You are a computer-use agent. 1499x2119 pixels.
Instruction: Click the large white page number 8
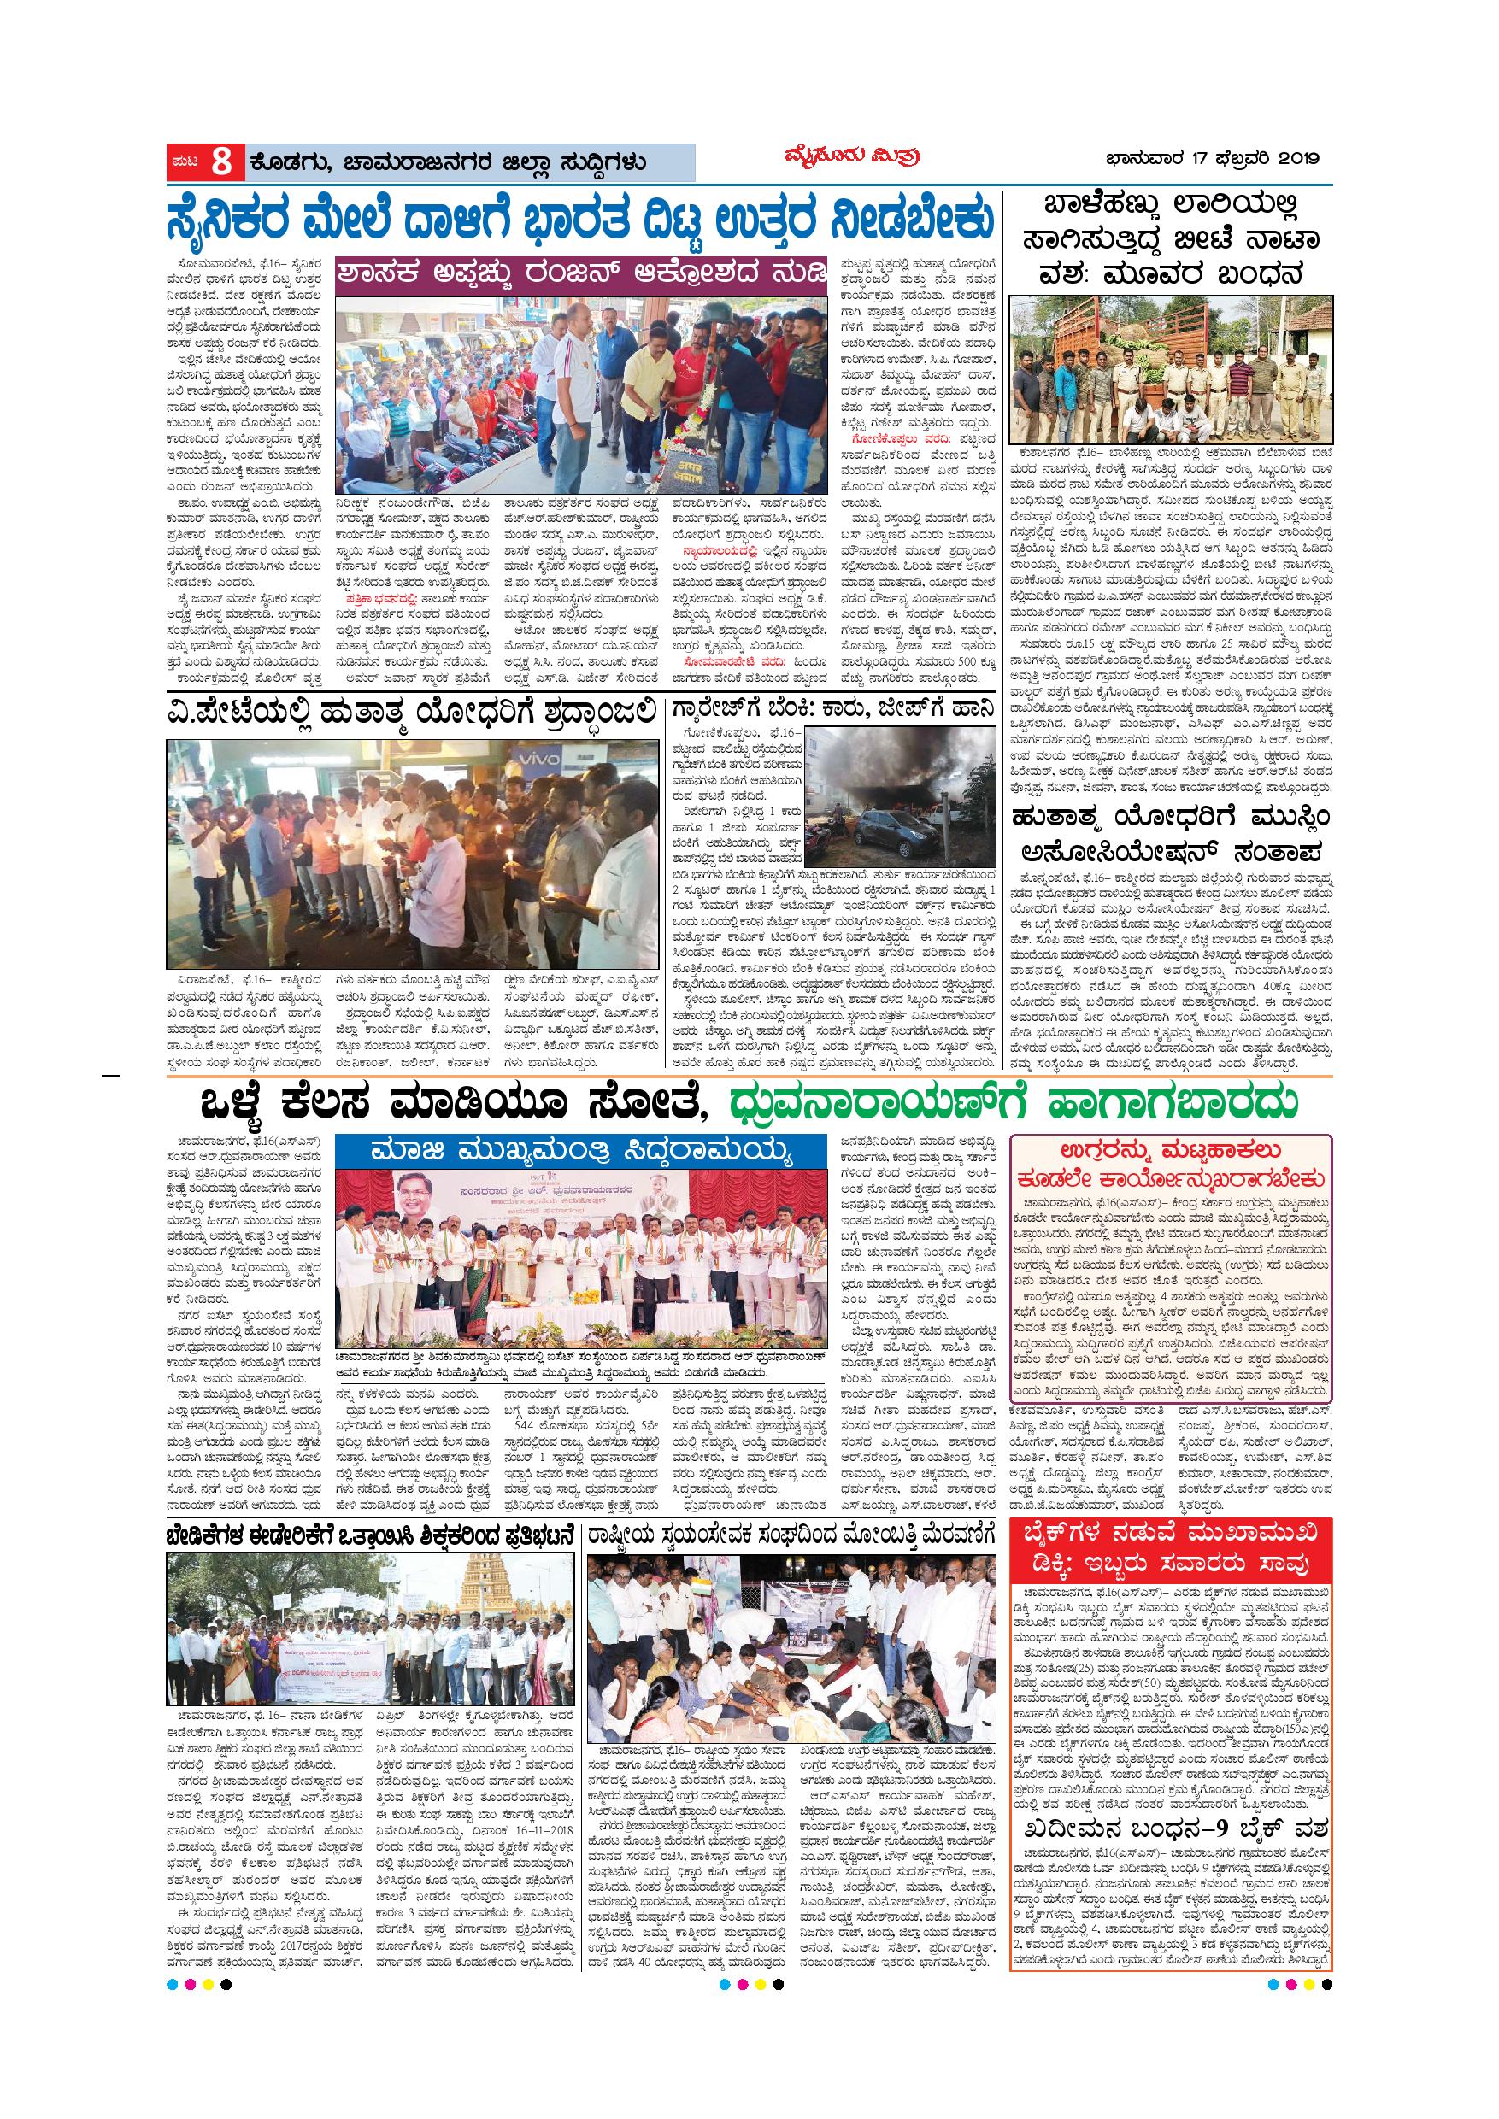tap(220, 162)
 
